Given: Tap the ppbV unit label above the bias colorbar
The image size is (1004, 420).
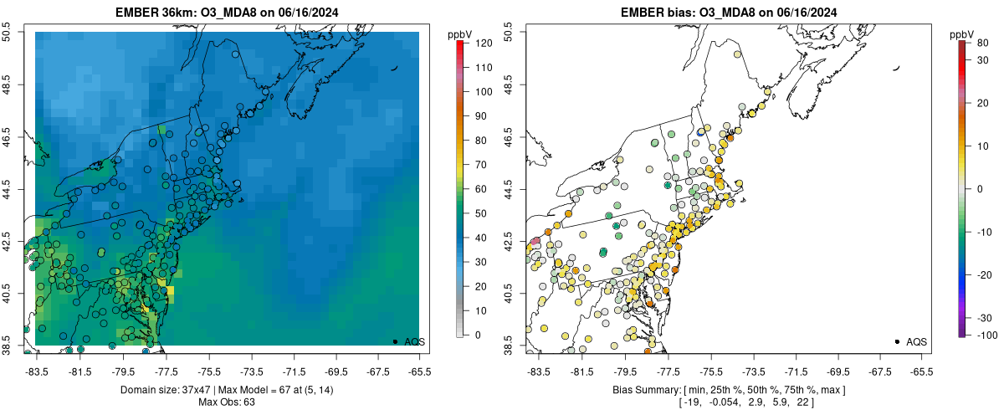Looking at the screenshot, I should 963,34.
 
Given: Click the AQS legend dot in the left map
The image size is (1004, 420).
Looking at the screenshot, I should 395,341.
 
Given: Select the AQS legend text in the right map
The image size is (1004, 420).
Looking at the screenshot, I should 915,341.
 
